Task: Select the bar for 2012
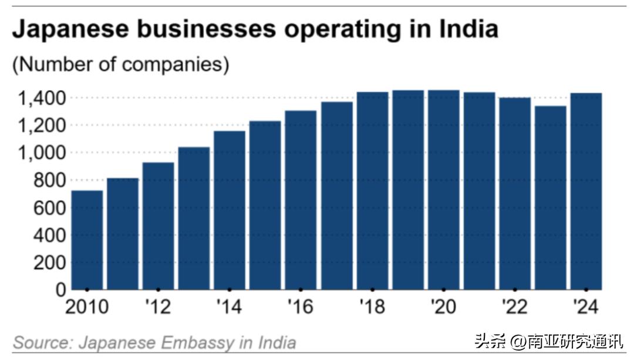coord(158,226)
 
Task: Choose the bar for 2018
coord(372,190)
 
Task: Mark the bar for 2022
coord(515,193)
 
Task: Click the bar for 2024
coord(586,191)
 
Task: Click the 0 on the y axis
coord(60,290)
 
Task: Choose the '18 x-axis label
coord(372,307)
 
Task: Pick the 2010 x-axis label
coord(87,307)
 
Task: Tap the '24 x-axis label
coord(586,307)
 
